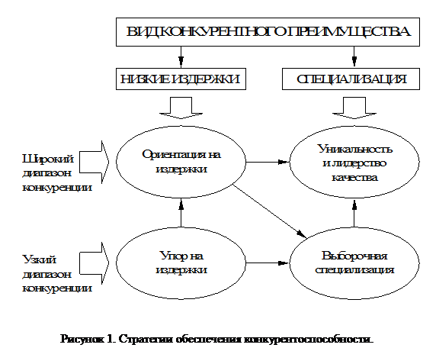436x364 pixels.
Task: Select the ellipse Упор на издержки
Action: (x=181, y=262)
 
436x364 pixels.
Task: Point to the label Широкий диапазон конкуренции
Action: (x=46, y=172)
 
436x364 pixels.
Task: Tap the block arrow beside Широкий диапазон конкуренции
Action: (x=95, y=159)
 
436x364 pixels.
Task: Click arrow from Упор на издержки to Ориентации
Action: (x=181, y=218)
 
